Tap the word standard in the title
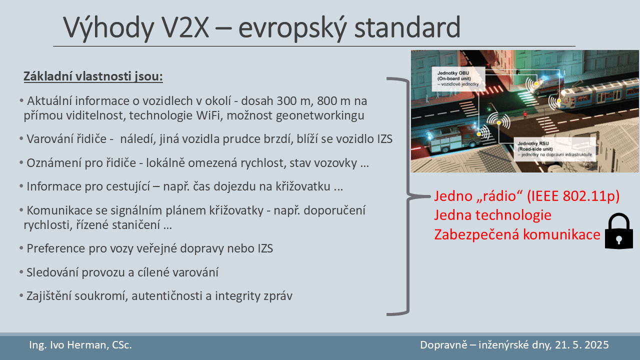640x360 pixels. point(407,27)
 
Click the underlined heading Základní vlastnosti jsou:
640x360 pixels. point(93,76)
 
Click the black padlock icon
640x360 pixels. point(619,231)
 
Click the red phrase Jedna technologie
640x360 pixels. point(493,215)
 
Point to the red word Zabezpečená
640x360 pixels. point(476,234)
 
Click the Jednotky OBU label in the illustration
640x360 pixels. point(458,78)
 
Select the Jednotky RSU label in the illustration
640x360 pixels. point(554,149)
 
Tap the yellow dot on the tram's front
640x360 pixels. point(559,101)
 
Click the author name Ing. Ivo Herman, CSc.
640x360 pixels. point(80,345)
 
